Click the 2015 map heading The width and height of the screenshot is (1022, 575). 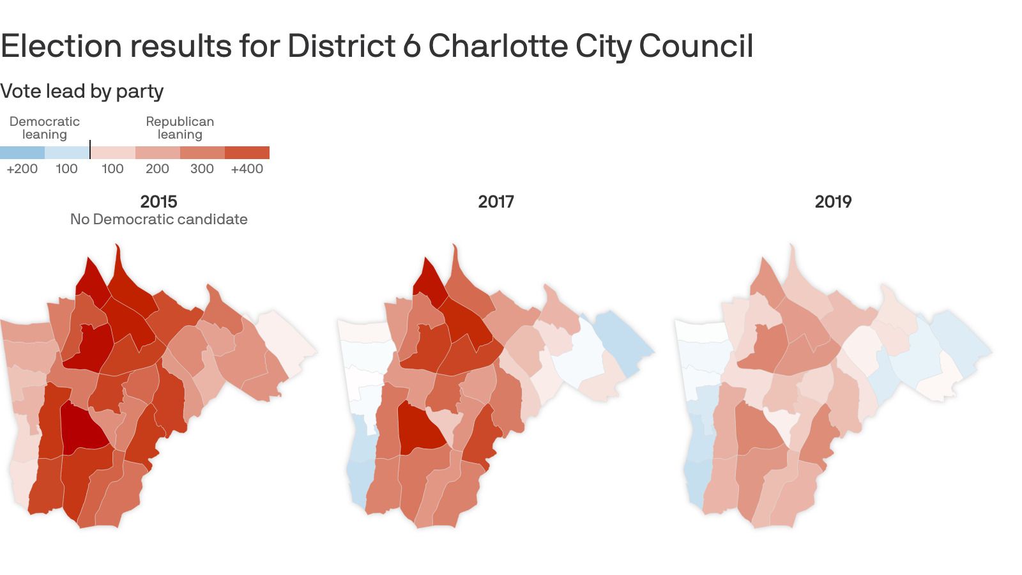click(x=158, y=202)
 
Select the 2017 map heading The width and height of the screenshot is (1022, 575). click(x=496, y=202)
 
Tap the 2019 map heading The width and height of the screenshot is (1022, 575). click(x=833, y=202)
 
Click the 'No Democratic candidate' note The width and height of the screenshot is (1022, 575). click(x=158, y=219)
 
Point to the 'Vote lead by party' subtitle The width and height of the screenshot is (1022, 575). click(x=82, y=91)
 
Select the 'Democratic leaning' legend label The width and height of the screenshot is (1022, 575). click(x=45, y=128)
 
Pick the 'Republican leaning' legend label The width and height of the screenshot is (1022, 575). click(x=179, y=128)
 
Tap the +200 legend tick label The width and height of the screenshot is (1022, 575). click(x=22, y=169)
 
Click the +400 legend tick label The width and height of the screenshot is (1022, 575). click(x=247, y=169)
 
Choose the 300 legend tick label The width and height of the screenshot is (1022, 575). click(x=202, y=169)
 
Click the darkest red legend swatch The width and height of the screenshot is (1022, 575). click(x=247, y=153)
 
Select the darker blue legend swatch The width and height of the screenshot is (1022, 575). click(x=22, y=153)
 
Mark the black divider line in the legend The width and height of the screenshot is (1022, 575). click(x=90, y=149)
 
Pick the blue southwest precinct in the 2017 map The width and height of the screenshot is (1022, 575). click(x=358, y=473)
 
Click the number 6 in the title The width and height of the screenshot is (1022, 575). click(x=411, y=46)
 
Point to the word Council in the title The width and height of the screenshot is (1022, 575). click(x=696, y=46)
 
